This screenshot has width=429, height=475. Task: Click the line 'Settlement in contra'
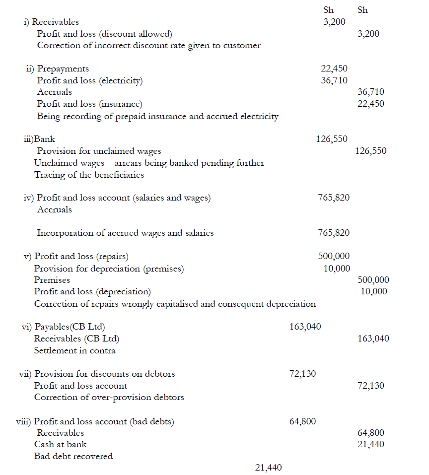[74, 350]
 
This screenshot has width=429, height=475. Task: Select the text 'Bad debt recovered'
[73, 456]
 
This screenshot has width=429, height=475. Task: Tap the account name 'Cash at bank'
[60, 444]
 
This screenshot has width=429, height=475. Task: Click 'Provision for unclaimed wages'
[99, 151]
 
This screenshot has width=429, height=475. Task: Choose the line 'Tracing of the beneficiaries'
[89, 175]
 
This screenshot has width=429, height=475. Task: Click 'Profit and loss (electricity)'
[90, 80]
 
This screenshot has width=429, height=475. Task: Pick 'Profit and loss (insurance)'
[89, 104]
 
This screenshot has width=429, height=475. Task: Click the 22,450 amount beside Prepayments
[334, 69]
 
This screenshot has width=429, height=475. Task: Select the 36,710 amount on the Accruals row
[370, 92]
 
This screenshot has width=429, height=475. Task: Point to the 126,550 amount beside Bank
[332, 139]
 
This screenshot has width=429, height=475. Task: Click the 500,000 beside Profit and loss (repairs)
[334, 256]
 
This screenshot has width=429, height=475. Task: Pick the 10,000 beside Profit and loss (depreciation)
[373, 291]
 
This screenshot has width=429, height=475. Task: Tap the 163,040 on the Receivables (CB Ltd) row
[373, 339]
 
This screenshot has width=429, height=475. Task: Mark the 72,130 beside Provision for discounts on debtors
[302, 374]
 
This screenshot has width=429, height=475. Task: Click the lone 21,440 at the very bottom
[268, 467]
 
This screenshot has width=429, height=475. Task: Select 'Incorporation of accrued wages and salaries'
[125, 233]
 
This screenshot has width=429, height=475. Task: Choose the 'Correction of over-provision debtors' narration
[109, 397]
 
